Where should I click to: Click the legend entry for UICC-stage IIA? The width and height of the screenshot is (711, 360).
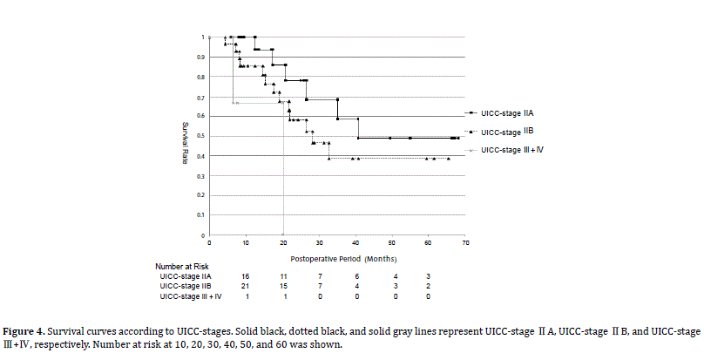(x=506, y=113)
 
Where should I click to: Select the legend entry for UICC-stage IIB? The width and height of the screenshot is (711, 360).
(x=506, y=132)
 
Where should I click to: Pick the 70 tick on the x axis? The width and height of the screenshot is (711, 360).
(x=465, y=242)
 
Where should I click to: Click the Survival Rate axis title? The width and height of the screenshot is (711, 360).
(x=186, y=136)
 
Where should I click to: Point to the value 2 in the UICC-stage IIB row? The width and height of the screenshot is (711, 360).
(x=428, y=286)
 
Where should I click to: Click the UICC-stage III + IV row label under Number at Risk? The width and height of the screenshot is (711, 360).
(x=191, y=297)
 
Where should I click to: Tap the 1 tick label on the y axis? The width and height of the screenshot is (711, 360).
(x=202, y=37)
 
